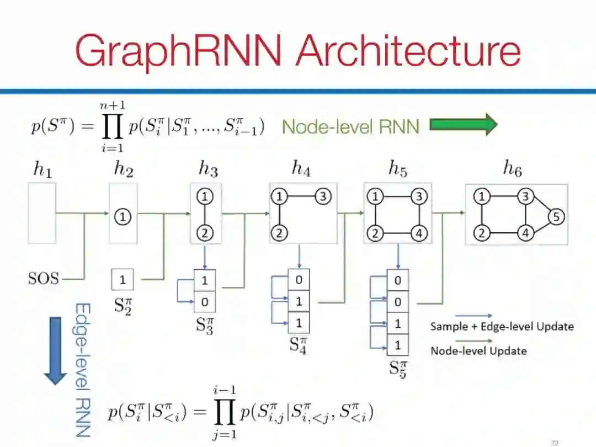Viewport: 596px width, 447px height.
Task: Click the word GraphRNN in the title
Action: tap(179, 50)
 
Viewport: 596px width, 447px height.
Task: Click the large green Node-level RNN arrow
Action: tap(463, 125)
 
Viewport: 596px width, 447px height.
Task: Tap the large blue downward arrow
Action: tap(55, 350)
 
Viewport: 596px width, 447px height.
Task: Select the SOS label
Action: tap(43, 278)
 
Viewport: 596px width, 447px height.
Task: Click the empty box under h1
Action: tap(42, 213)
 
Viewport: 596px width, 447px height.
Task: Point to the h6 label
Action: tap(512, 170)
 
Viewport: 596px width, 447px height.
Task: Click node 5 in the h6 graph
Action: tap(556, 217)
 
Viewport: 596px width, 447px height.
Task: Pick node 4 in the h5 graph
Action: tap(419, 233)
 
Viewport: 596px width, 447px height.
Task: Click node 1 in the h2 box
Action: tap(123, 217)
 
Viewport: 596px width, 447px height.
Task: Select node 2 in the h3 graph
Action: tap(205, 233)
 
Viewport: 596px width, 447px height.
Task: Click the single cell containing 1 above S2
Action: tap(123, 280)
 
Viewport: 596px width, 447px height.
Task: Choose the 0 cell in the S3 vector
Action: tap(205, 301)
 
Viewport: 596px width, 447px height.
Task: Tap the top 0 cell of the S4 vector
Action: tap(299, 280)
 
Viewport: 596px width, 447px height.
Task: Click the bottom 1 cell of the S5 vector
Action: tap(397, 346)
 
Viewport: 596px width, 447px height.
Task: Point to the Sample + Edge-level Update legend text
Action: tap(502, 327)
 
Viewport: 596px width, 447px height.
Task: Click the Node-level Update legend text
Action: tap(478, 350)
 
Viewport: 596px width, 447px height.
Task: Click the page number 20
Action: tap(555, 442)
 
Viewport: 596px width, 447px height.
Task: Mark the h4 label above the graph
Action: tap(301, 169)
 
